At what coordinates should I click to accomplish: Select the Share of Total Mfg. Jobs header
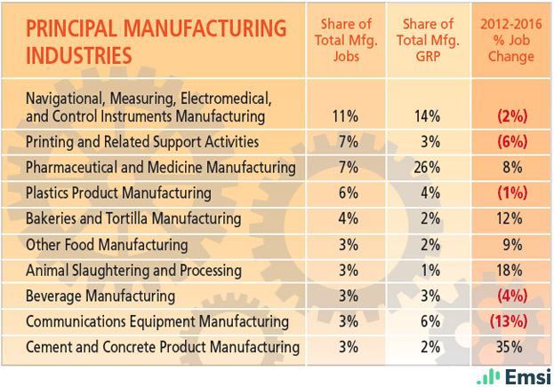coord(343,40)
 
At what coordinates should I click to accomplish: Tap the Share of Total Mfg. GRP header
coord(429,40)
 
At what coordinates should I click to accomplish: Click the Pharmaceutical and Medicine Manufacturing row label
coord(160,167)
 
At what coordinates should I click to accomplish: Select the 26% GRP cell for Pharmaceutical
coord(429,167)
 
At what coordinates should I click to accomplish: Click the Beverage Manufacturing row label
coord(100,296)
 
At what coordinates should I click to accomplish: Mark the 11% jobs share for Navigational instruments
coord(343,115)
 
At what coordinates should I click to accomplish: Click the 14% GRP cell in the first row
coord(429,115)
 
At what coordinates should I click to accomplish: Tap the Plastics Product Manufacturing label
coord(118,193)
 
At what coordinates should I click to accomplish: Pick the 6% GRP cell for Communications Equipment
coord(429,321)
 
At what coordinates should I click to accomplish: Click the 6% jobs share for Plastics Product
coord(343,193)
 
